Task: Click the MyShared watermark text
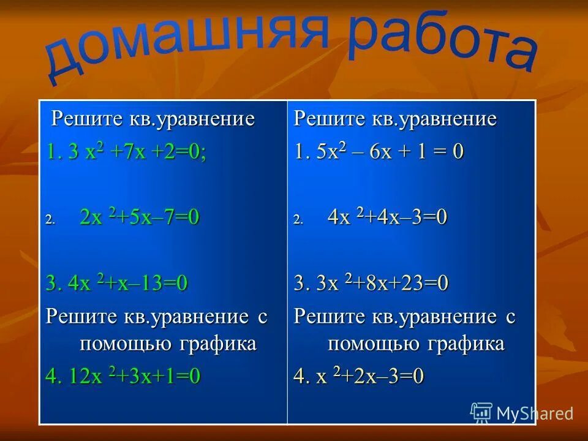[x=535, y=413]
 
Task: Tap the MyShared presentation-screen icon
[x=481, y=413]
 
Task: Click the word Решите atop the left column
[x=80, y=118]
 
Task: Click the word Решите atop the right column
[x=323, y=118]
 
